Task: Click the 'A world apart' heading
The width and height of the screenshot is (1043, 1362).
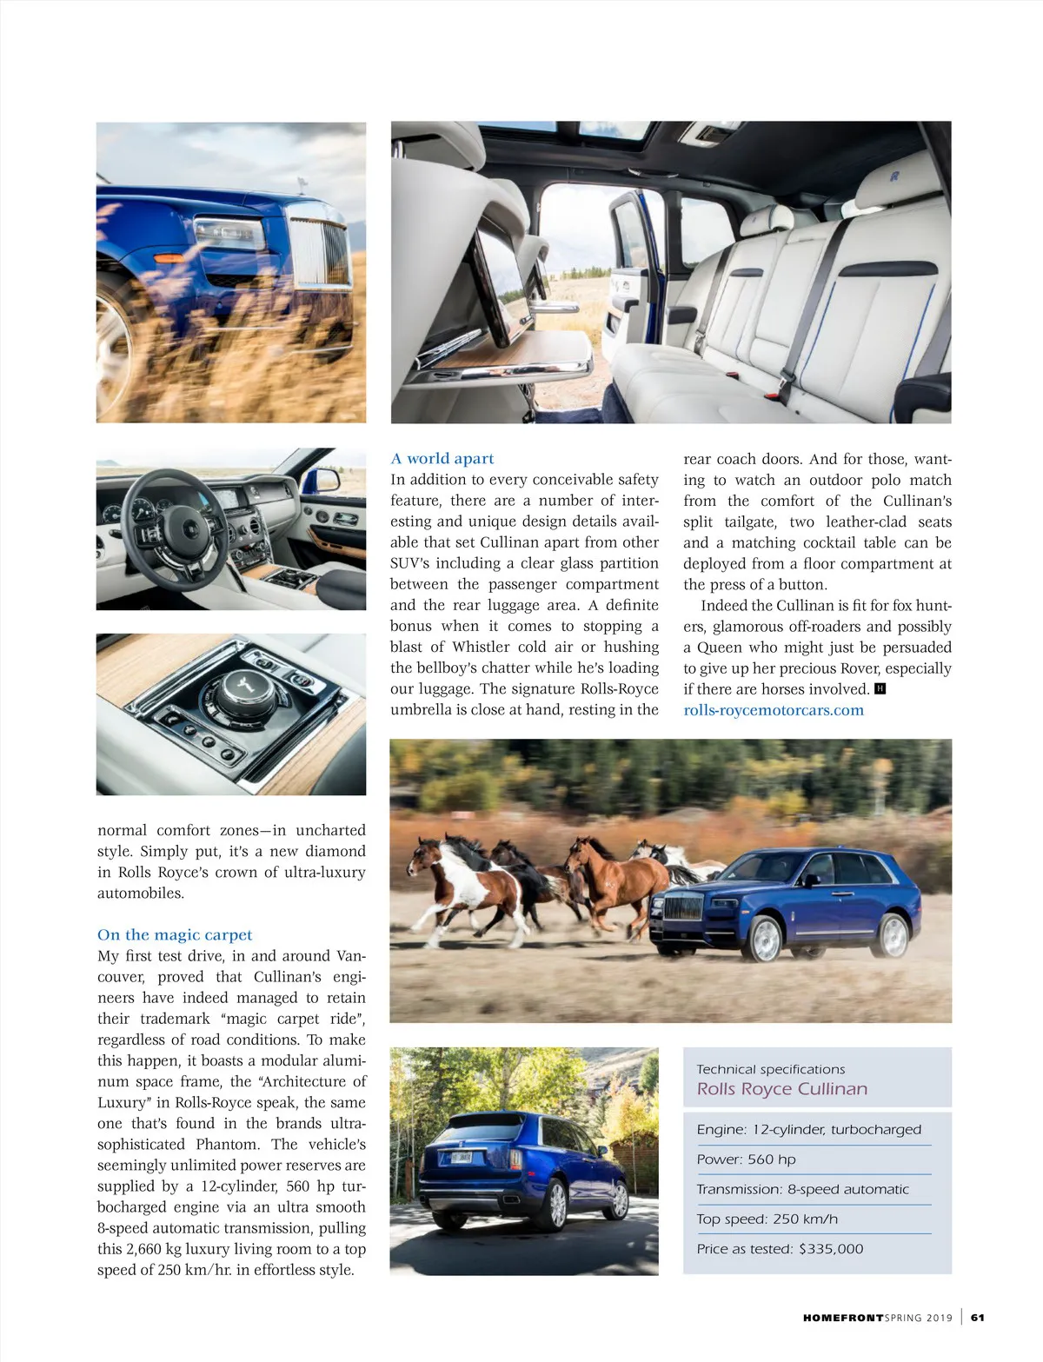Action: pos(442,458)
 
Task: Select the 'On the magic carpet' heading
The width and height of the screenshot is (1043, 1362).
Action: pos(175,934)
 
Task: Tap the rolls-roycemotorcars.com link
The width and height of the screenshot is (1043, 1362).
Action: pos(774,710)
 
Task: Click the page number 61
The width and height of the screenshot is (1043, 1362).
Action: pos(978,1318)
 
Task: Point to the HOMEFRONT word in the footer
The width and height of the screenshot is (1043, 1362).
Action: pos(841,1318)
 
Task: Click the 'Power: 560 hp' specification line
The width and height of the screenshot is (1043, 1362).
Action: pos(746,1159)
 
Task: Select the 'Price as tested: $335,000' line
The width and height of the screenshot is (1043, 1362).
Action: pos(780,1249)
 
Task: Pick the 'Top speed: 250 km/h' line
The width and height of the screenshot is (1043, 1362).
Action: pos(767,1219)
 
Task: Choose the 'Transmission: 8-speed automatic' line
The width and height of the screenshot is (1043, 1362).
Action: pos(802,1189)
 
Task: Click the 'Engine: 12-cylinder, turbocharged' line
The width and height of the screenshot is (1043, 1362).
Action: pos(808,1129)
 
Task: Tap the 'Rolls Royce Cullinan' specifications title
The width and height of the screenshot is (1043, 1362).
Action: pos(781,1089)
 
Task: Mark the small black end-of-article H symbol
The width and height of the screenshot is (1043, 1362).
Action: pos(880,689)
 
